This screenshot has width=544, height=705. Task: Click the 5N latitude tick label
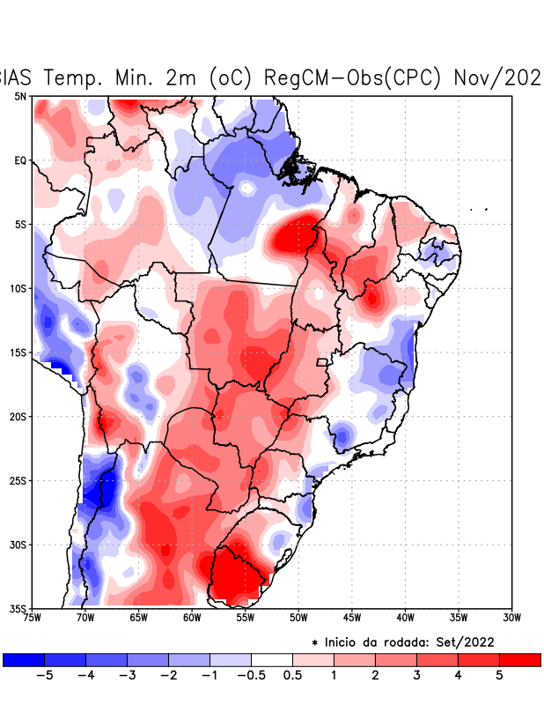(x=20, y=96)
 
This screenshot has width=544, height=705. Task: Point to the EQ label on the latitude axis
(x=20, y=160)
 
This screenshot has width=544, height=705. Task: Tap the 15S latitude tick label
(x=18, y=352)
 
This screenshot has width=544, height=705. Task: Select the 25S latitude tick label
(x=18, y=480)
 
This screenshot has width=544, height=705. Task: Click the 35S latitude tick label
(x=18, y=608)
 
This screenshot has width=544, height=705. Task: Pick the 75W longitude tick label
(x=32, y=618)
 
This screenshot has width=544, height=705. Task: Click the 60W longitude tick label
(x=192, y=618)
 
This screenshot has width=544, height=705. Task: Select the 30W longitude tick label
(x=512, y=618)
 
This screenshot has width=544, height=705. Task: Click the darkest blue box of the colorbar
(x=24, y=660)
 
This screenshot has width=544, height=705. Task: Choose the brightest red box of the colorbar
(x=519, y=660)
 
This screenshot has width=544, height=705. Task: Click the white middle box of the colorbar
(x=272, y=660)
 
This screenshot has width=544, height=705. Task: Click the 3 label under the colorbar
(x=416, y=676)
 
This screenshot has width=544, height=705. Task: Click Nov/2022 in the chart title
(x=497, y=78)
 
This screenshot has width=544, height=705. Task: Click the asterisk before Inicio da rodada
(x=315, y=643)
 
